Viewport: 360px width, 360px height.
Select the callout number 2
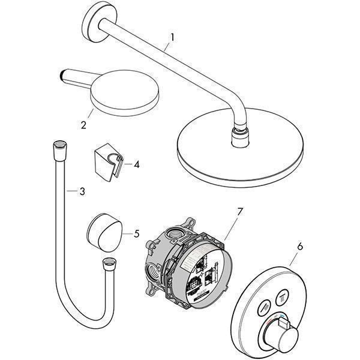[84, 125]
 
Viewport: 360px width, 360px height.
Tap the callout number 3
[82, 191]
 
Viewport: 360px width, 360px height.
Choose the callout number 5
[136, 233]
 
